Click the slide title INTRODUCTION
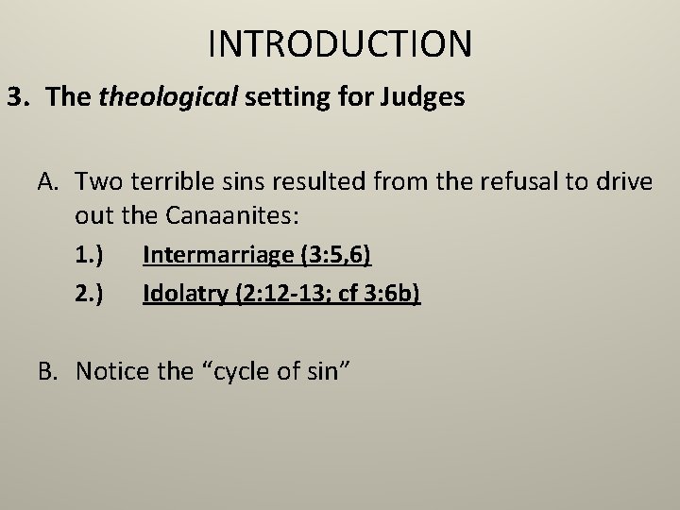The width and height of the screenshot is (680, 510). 339,42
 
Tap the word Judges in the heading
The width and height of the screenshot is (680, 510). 429,97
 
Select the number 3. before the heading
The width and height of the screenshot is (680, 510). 20,97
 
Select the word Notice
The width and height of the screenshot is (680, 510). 107,371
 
